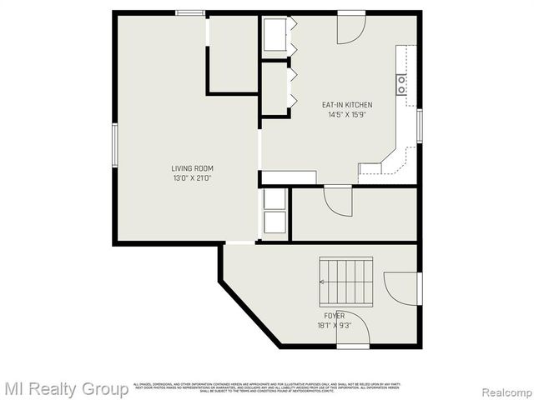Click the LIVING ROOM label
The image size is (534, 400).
(192, 168)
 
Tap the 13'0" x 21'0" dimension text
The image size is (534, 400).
(192, 178)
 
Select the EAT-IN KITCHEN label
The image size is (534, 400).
(347, 105)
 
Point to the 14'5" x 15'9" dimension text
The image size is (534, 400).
(347, 115)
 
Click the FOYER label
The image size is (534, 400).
(334, 316)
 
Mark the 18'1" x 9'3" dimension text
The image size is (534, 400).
(334, 326)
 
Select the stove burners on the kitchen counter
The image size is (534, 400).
(401, 83)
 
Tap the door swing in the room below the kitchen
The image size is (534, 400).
(337, 200)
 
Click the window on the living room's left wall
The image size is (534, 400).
(114, 146)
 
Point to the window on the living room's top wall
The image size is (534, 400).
(190, 12)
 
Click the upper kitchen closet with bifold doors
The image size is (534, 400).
(276, 37)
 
